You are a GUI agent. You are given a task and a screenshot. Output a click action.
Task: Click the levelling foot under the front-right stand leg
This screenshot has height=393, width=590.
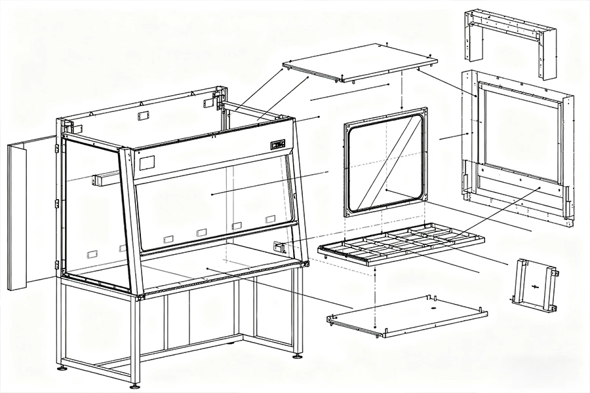(x=298, y=356)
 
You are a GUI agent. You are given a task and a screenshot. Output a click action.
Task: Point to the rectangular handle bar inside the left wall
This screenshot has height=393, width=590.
(x=107, y=178)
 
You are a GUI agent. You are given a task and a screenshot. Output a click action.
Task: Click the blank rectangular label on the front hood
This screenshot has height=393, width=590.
(x=147, y=162)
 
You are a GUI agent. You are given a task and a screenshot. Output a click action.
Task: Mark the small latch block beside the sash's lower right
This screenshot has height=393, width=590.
(x=281, y=248)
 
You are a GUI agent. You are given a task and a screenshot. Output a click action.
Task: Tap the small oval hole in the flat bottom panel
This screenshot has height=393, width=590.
(x=433, y=307)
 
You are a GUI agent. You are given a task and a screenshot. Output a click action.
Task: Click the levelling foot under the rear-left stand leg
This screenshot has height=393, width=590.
(x=62, y=367)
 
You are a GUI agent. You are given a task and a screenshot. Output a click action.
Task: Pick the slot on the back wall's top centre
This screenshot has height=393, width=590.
(x=140, y=116)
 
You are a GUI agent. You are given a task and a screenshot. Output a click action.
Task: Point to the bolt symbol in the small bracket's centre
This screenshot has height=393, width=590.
(x=536, y=286)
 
